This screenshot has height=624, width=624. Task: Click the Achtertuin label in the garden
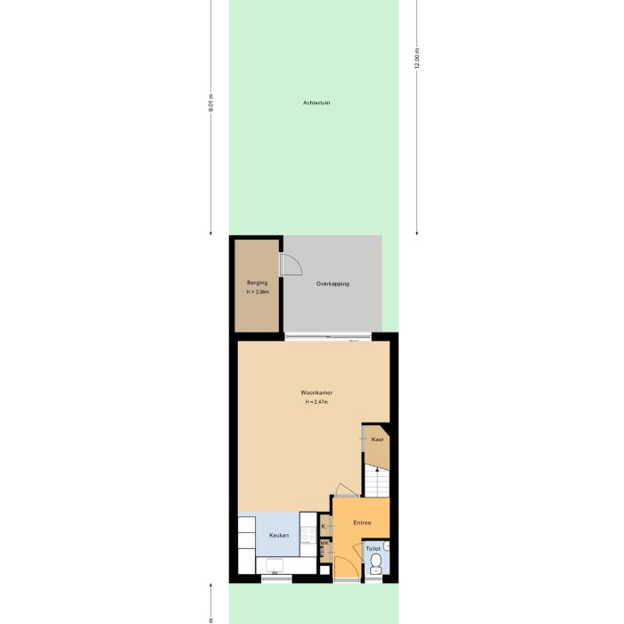[316, 103]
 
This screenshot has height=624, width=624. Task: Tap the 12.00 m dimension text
[416, 59]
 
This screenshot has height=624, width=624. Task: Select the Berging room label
[257, 283]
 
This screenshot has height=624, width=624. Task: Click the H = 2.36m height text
[257, 292]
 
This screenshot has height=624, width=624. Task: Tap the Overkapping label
[333, 283]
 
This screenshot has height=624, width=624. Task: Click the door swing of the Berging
[291, 264]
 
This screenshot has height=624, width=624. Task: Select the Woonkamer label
[316, 392]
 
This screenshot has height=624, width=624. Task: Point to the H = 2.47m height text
[316, 402]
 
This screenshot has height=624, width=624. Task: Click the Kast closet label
[377, 440]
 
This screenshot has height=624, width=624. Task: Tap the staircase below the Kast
[376, 482]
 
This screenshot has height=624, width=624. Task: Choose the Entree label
[361, 522]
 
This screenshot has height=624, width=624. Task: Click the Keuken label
[278, 535]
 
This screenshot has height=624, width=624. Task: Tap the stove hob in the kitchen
[308, 535]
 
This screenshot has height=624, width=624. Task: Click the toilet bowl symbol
[375, 562]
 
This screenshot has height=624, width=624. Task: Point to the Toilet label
[373, 548]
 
